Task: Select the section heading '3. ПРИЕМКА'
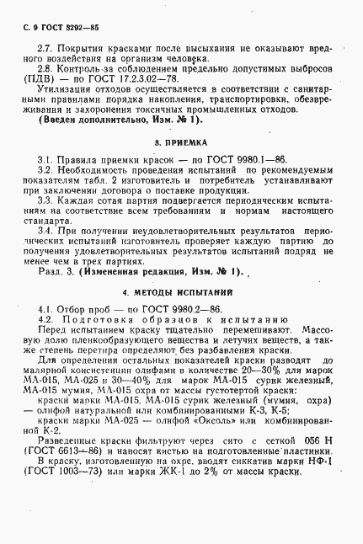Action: [180, 143]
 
